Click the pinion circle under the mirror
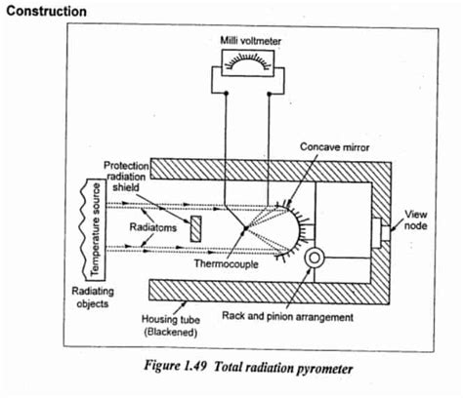pyautogui.click(x=316, y=260)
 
